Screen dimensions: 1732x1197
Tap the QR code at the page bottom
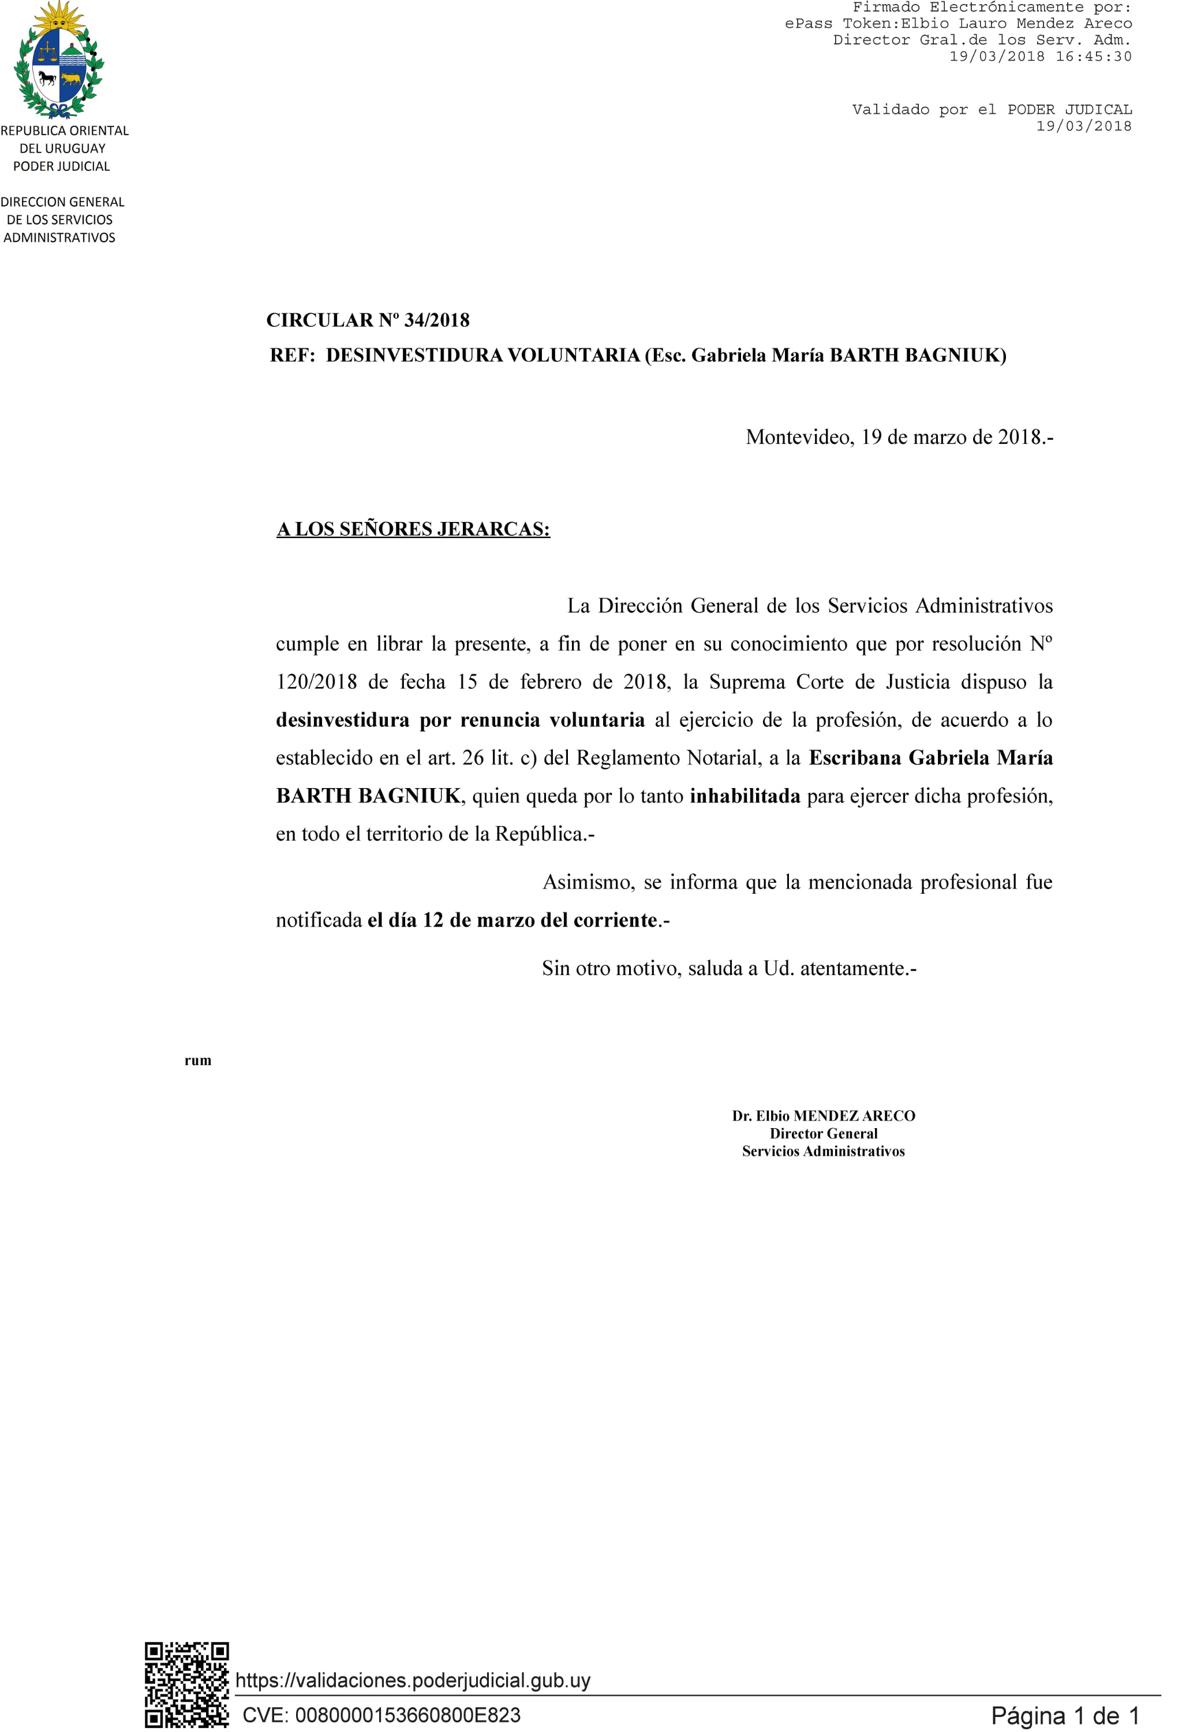click(187, 1685)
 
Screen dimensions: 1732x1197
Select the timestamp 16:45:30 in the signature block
click(1094, 56)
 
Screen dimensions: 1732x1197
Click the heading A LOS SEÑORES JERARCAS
click(413, 529)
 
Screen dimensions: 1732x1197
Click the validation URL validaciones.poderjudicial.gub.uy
click(413, 1680)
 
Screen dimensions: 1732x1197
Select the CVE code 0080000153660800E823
click(407, 1715)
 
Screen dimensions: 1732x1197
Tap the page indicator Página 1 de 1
click(1065, 1715)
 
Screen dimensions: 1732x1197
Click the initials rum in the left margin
click(198, 1060)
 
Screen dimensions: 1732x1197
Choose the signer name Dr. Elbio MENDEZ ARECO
click(824, 1115)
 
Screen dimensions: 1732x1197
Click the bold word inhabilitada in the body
click(745, 796)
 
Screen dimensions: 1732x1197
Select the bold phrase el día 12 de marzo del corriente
click(513, 920)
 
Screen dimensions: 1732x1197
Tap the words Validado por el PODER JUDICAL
click(992, 110)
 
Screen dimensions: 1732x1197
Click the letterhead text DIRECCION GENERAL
click(62, 202)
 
